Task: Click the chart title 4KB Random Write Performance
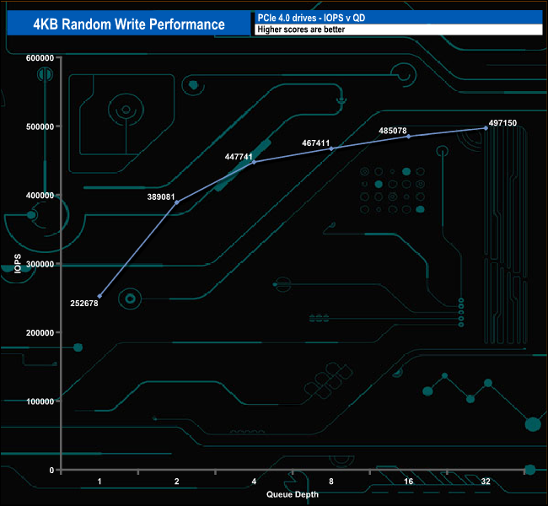tap(129, 24)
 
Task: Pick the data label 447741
tap(239, 156)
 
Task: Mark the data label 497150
tap(499, 123)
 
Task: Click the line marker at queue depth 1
tap(99, 296)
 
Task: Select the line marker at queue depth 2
tap(177, 202)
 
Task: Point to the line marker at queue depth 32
tap(486, 128)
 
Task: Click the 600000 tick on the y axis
tap(40, 57)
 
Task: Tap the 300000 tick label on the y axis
tap(40, 264)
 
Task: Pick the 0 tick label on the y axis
tap(52, 470)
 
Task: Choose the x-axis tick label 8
tap(331, 482)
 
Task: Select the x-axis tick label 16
tap(408, 482)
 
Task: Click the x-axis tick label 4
tap(254, 482)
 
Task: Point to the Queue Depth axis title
tap(293, 494)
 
